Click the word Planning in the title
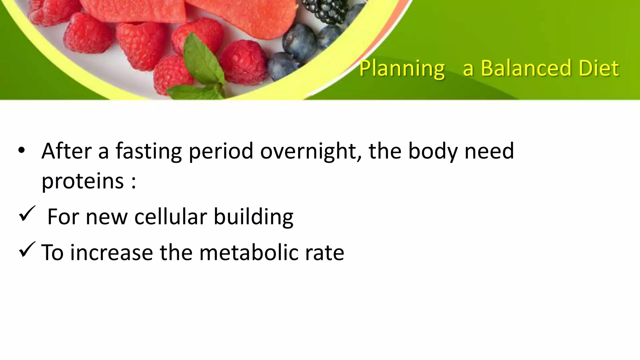402,68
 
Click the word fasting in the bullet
149,151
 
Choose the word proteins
82,181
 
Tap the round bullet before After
21,151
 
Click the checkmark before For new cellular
27,214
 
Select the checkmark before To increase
27,250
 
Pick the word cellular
171,217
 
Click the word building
253,217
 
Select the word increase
112,252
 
